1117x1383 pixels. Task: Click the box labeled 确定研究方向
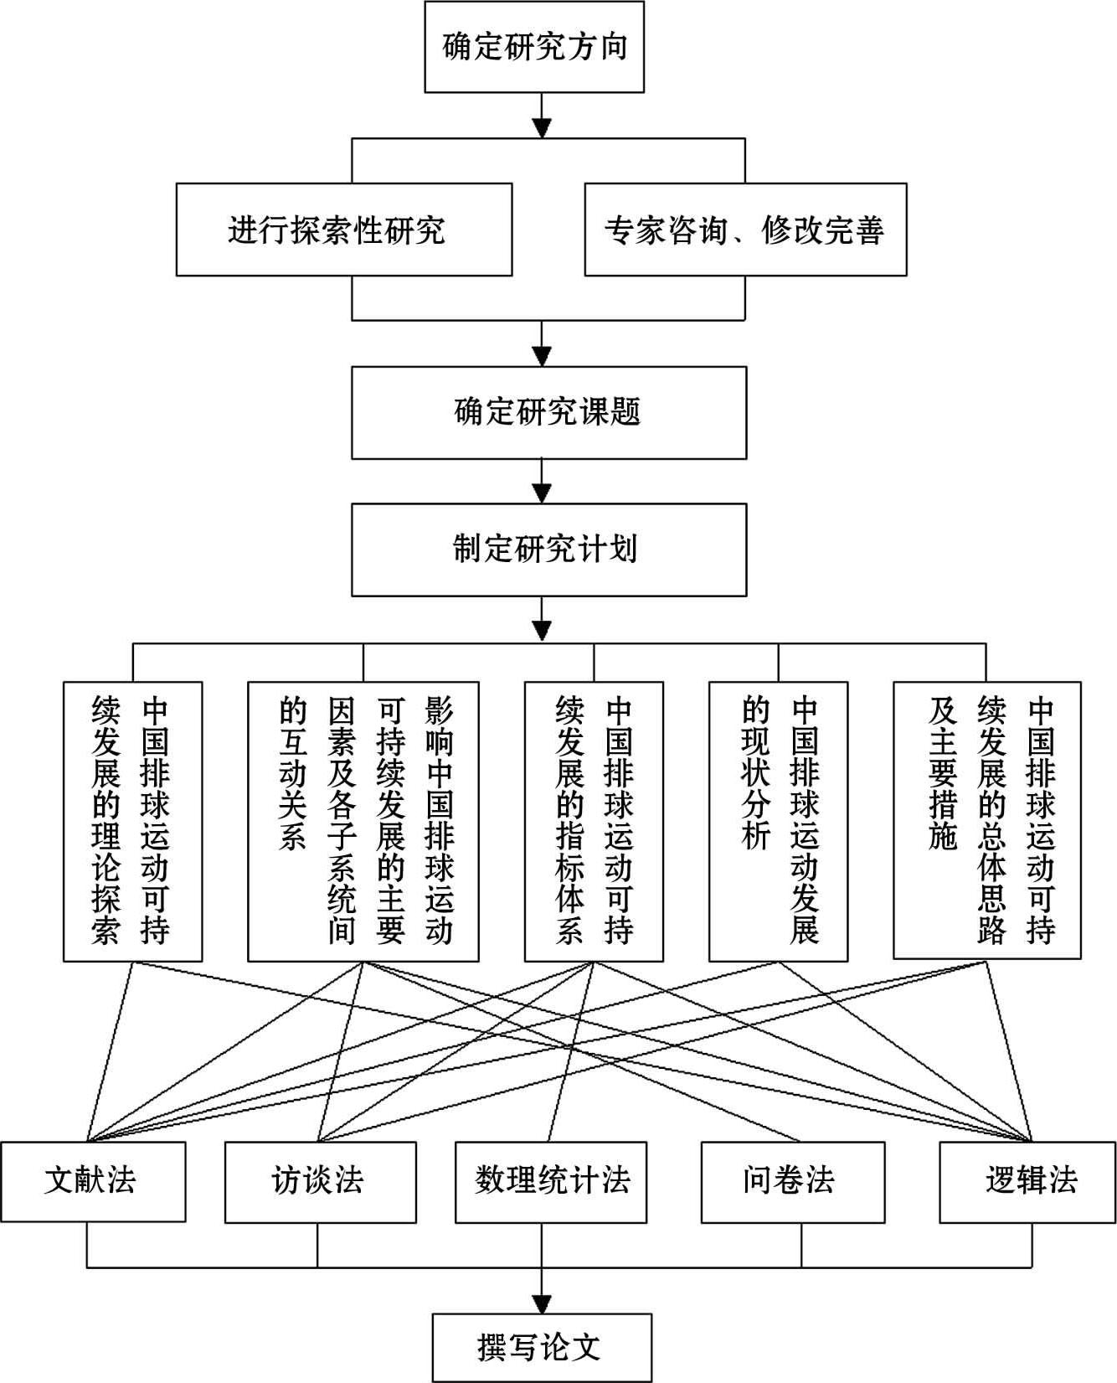(534, 47)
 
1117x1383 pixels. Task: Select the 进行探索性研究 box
(343, 230)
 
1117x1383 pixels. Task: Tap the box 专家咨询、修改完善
(744, 230)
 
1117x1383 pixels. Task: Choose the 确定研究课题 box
(548, 413)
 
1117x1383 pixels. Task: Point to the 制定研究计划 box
(548, 550)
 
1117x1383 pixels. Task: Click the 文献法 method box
(93, 1180)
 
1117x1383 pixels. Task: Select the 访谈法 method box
(320, 1180)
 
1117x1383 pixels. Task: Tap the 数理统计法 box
(551, 1180)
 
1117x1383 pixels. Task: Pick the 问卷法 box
(792, 1180)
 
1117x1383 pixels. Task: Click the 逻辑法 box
(1027, 1180)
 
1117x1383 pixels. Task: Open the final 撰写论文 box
(541, 1348)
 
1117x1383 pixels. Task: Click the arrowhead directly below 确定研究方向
(543, 127)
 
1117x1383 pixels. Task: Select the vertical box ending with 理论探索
(132, 821)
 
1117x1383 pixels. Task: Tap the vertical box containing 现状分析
(778, 821)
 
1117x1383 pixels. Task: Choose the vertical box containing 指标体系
(594, 821)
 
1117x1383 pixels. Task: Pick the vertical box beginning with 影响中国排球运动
(363, 821)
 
